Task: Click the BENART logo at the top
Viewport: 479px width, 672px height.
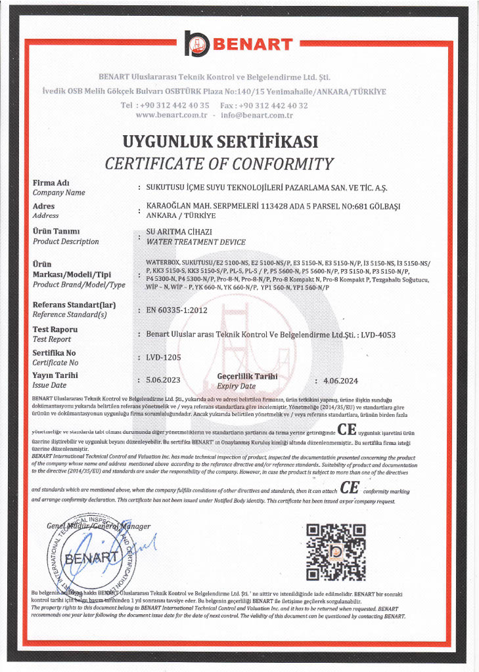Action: point(239,44)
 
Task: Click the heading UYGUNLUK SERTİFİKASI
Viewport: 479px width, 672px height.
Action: point(220,142)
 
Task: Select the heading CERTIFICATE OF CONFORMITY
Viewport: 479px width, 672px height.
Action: point(219,163)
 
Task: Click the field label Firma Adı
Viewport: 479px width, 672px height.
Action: point(51,182)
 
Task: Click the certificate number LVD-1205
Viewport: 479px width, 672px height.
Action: point(164,357)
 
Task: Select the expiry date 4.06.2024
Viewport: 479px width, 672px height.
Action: point(336,380)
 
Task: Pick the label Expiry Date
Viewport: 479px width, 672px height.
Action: point(236,387)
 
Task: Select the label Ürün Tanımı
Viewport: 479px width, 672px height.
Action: point(56,231)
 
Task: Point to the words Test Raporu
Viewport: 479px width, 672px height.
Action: point(55,329)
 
